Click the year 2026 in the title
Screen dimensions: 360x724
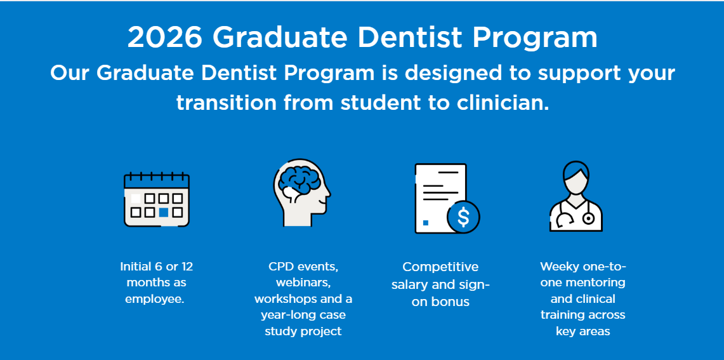click(164, 37)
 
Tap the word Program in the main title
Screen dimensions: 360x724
click(535, 37)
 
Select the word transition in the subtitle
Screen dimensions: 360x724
click(226, 102)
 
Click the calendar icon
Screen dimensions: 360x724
click(156, 199)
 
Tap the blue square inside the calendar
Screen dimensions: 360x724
click(164, 212)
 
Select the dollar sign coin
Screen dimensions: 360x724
click(463, 217)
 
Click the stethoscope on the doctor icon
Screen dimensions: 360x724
click(588, 217)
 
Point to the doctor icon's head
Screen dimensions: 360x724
click(576, 177)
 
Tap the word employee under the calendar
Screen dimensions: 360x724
click(154, 298)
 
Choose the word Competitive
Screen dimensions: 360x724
click(440, 267)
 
